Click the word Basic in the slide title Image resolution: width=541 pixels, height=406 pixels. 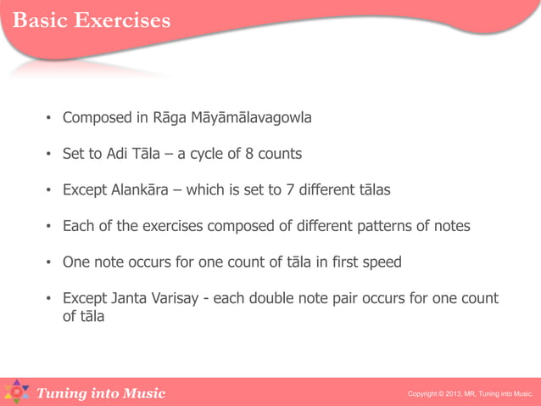tap(39, 20)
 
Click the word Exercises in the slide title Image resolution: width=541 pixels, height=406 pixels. tap(121, 20)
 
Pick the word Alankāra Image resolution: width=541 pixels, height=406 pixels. tap(139, 190)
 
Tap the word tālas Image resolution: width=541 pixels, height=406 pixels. tap(371, 190)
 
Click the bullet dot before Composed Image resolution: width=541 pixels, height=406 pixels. tap(49, 117)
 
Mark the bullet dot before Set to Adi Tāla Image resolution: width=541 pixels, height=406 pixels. tap(49, 155)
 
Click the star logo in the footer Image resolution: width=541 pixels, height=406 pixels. tap(16, 392)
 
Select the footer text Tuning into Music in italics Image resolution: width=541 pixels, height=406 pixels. tap(100, 392)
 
